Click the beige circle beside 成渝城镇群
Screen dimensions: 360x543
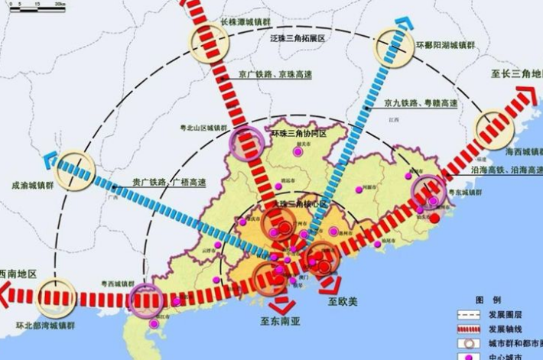[x=75, y=170]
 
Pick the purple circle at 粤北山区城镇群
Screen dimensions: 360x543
[x=246, y=144]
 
